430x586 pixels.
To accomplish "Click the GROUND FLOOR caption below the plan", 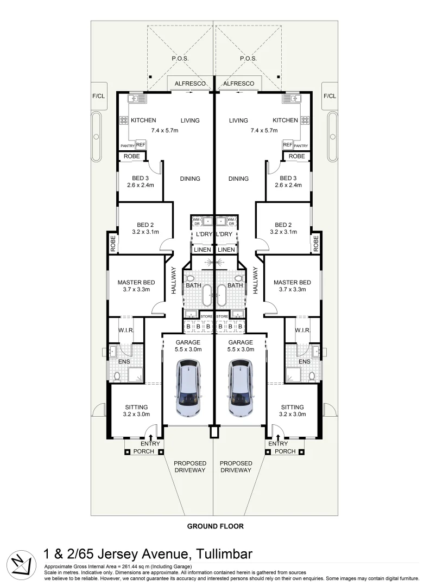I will point(215,526).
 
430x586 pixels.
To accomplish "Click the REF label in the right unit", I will point(287,145).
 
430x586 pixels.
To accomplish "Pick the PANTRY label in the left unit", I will point(127,146).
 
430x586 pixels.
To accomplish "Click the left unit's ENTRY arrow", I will point(151,437).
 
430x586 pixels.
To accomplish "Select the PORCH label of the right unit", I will point(285,451).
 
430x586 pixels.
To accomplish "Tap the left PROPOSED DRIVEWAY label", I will point(189,467).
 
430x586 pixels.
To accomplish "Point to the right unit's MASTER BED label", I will point(292,282).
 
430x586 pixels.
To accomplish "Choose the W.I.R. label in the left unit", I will point(126,330).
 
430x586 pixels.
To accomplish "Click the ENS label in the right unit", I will point(304,361).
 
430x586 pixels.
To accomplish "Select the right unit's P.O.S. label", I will point(248,59).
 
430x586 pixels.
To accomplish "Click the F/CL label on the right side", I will point(330,96).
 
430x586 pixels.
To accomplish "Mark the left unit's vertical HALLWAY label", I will point(174,281).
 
